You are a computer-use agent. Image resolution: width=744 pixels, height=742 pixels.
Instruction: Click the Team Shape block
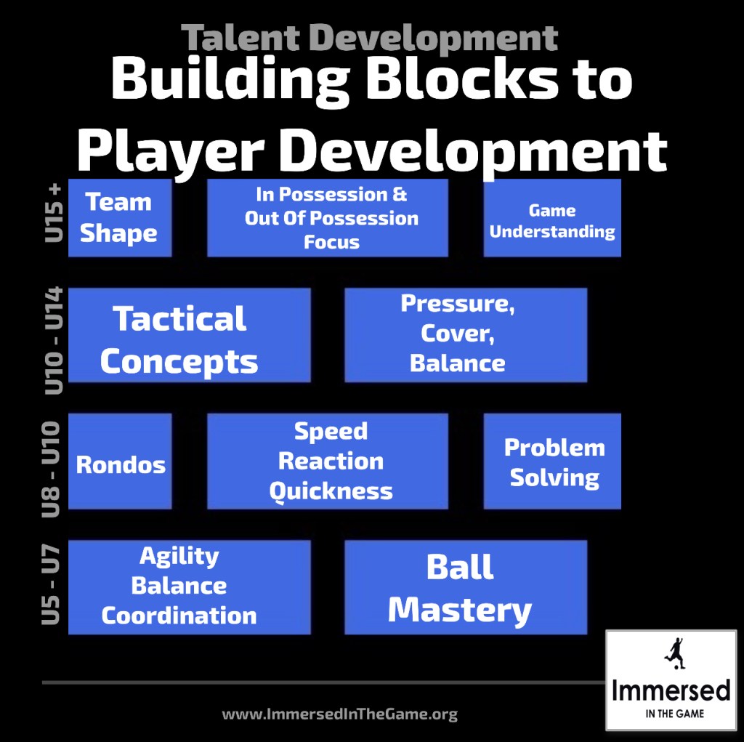point(120,218)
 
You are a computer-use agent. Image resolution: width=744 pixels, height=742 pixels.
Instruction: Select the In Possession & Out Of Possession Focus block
point(328,218)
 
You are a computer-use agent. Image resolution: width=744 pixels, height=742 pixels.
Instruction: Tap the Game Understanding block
point(552,218)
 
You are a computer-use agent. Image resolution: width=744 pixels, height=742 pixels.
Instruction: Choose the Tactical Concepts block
point(190,335)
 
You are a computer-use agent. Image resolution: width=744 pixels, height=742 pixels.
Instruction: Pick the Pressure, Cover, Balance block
point(466,335)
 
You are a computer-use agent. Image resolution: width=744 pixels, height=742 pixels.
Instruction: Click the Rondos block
point(120,461)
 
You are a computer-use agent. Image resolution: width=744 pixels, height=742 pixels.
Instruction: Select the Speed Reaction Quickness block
point(328,461)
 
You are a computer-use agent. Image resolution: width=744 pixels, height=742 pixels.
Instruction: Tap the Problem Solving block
point(552,461)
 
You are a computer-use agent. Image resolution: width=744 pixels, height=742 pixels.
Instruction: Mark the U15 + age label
point(53,212)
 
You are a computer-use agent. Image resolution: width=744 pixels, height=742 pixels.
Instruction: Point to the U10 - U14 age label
point(53,340)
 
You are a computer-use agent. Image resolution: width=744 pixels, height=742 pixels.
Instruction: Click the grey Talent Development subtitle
point(369,37)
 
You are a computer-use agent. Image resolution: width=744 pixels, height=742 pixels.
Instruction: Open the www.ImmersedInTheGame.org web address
point(339,714)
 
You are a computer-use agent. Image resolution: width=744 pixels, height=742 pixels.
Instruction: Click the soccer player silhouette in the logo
point(674,653)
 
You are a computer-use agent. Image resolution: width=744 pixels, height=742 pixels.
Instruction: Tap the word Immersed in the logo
point(671,690)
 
